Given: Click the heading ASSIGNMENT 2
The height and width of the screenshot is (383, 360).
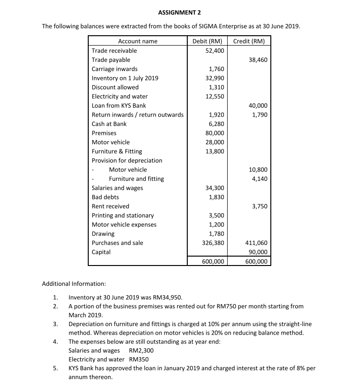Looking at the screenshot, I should pos(180,11).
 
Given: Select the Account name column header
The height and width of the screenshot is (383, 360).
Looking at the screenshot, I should pos(138,41).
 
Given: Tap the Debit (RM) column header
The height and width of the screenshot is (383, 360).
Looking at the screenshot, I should pos(207,41).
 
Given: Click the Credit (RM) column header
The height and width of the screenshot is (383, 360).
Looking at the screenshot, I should pos(249,41).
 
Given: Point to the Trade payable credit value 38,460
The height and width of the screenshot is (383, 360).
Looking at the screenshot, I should pos(258,60).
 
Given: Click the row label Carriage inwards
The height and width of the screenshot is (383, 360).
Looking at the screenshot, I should pos(115,69).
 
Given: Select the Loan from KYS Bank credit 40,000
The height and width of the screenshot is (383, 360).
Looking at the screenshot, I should pos(258,105).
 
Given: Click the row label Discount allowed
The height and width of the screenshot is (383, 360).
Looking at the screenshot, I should pos(115,87).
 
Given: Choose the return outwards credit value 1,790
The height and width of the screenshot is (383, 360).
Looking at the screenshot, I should pos(260,115).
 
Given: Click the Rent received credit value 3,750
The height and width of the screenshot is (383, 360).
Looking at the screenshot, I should pos(260,206).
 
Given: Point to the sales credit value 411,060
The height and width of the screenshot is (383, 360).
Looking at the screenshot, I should pos(257,243).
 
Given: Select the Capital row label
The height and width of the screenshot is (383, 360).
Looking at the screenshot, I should pos(101,252).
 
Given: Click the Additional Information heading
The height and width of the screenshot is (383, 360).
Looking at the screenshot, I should pos(74,284).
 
